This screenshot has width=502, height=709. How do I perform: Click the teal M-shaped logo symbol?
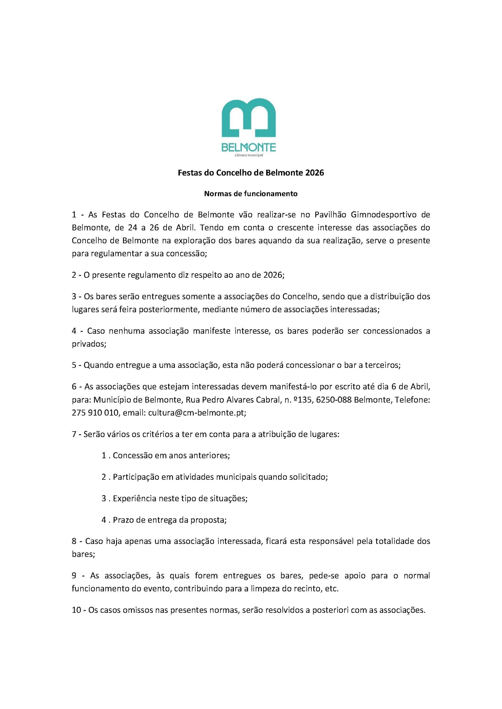click(249, 118)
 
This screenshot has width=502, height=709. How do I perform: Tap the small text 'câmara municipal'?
click(249, 155)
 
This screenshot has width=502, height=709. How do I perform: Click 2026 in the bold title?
click(314, 173)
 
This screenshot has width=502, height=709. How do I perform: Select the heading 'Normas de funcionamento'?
click(251, 194)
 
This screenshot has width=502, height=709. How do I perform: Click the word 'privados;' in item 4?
click(89, 344)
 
